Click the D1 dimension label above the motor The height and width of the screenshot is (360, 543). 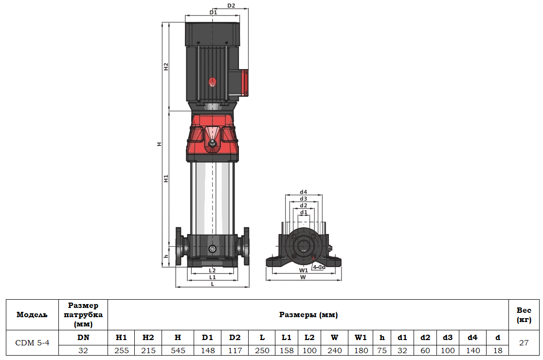[x=213, y=12]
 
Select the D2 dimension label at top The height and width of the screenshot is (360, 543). [x=231, y=6]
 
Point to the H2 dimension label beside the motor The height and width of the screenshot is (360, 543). [x=166, y=67]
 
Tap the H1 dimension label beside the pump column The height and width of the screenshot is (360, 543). [x=166, y=179]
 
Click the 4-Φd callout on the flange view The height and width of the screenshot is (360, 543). [x=319, y=267]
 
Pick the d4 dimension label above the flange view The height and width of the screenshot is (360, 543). [x=303, y=192]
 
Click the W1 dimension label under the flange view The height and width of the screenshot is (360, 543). [x=303, y=270]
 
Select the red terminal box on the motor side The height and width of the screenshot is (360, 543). [x=243, y=83]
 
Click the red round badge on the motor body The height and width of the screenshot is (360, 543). [x=212, y=82]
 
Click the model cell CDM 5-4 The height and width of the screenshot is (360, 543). [x=32, y=342]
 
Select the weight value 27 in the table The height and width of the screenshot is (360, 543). [x=524, y=342]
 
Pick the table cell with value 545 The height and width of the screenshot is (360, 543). [x=178, y=350]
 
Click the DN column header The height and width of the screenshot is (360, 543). [x=83, y=337]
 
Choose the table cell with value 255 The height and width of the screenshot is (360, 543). [x=121, y=350]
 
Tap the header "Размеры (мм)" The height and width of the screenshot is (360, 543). [x=308, y=315]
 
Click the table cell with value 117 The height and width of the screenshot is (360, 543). [x=235, y=350]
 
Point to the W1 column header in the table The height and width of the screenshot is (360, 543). [x=361, y=337]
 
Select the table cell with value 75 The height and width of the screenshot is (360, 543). [x=382, y=350]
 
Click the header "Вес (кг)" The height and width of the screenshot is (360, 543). [x=524, y=315]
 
